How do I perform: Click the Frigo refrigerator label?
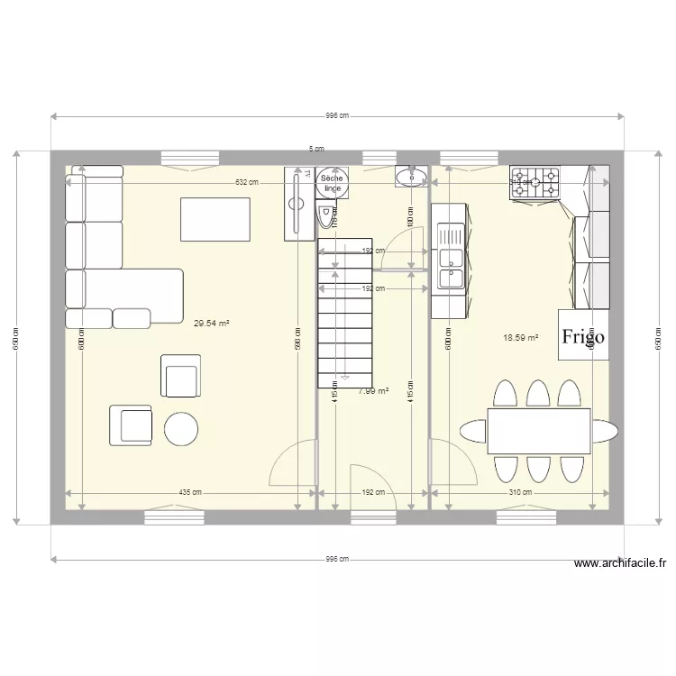583,337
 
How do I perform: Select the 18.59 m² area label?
520,338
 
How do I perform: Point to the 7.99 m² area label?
373,391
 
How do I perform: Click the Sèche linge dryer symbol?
333,183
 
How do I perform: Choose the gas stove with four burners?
535,183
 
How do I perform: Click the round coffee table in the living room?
181,429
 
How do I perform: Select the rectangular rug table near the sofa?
215,219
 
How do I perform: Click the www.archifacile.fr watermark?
621,564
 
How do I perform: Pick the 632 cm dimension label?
246,183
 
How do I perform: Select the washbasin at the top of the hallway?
412,176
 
